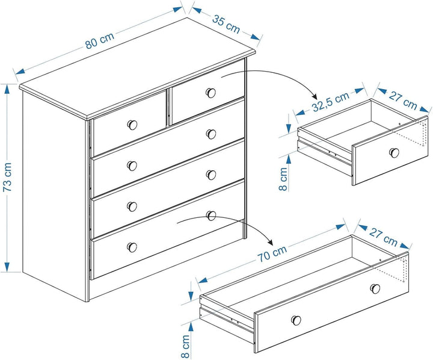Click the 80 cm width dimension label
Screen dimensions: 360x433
pyautogui.click(x=99, y=42)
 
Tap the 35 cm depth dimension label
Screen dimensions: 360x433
pyautogui.click(x=226, y=24)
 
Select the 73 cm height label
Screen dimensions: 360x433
pyautogui.click(x=8, y=177)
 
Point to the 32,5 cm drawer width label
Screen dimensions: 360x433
pyautogui.click(x=330, y=102)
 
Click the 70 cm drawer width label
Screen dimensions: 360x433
pyautogui.click(x=272, y=253)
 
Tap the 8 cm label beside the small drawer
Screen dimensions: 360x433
pyautogui.click(x=284, y=178)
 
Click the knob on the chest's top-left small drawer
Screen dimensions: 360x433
pyautogui.click(x=132, y=125)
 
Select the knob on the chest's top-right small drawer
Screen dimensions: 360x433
pyautogui.click(x=210, y=93)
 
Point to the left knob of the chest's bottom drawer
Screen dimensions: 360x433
pyautogui.click(x=132, y=247)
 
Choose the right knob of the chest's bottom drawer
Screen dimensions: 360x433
pyautogui.click(x=211, y=215)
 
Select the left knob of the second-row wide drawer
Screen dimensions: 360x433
pyautogui.click(x=132, y=166)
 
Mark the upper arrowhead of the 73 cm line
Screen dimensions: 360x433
pyautogui.click(x=8, y=88)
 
